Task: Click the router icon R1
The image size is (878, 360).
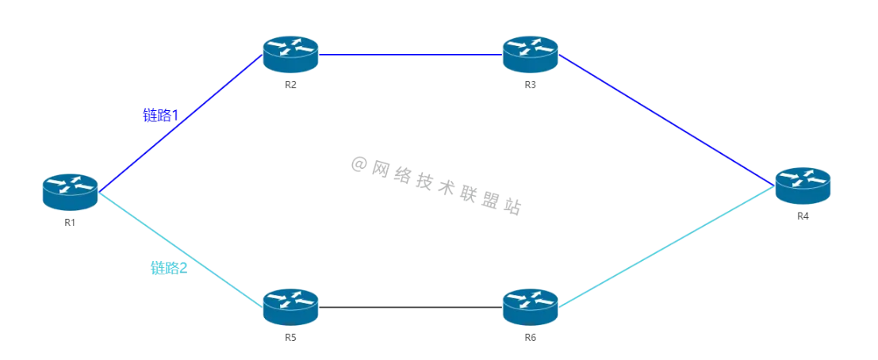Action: pos(70,192)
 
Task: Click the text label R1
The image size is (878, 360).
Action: pos(70,223)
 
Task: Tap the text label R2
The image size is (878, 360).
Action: pos(290,86)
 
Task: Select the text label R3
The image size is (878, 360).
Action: pos(530,86)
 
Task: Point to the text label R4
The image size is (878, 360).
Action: pos(803,216)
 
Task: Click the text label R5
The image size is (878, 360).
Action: pos(290,338)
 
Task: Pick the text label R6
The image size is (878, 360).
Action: pos(530,338)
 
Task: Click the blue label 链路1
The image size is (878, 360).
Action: pos(160,116)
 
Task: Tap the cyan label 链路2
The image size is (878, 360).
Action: pos(169,268)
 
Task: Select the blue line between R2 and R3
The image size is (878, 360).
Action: pos(410,55)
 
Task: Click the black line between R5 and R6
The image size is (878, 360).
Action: pos(410,307)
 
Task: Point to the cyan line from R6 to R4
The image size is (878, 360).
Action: pos(666,247)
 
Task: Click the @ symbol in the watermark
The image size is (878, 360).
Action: pos(359,164)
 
